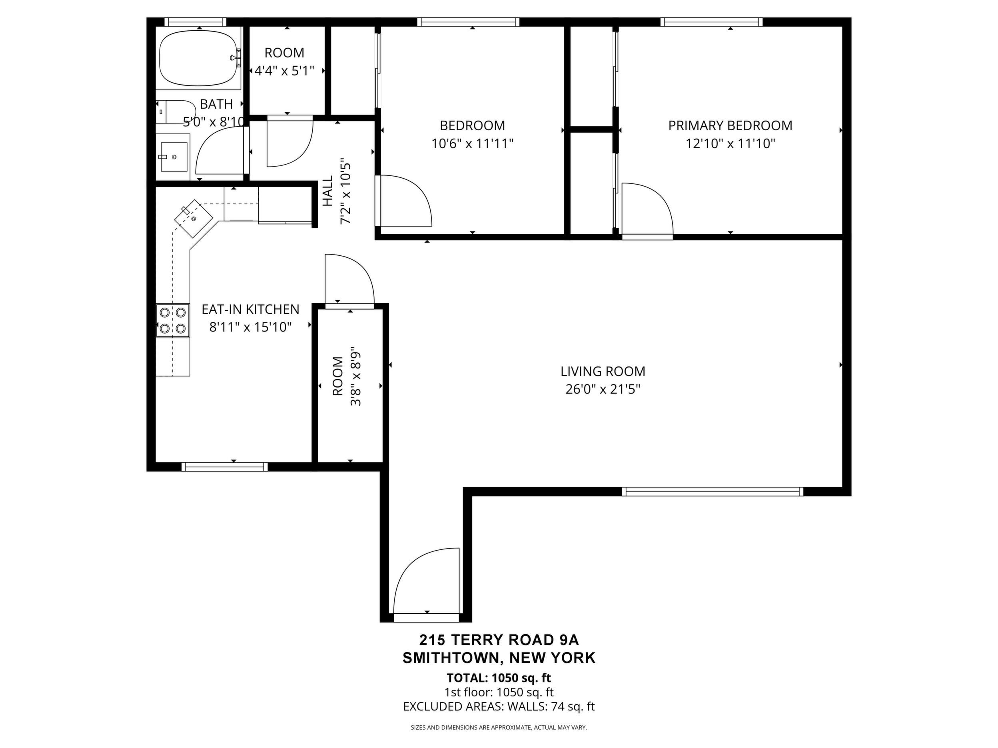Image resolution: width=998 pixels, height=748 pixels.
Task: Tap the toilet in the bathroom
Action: point(176,112)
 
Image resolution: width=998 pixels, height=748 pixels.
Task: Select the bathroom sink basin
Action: point(174,157)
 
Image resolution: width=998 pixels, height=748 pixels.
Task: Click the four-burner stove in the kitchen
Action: point(173,320)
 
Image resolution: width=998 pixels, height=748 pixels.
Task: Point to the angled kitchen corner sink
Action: point(194,219)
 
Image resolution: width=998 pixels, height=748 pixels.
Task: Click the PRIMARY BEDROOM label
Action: point(730,125)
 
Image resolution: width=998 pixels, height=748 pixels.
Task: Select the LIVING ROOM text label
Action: point(603,372)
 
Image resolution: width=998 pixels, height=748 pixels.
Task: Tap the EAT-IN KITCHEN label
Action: point(250,309)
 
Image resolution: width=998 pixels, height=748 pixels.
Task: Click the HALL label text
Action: point(327,191)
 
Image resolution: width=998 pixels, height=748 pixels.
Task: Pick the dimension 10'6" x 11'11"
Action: point(472,144)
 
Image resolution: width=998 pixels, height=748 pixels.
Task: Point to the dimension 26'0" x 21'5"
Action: point(603,389)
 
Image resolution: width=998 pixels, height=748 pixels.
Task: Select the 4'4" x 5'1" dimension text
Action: point(284,71)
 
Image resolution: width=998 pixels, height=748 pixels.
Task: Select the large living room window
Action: point(713,491)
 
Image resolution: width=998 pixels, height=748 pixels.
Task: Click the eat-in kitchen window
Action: point(225,467)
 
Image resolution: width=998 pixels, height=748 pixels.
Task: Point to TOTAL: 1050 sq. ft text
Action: point(499,678)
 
